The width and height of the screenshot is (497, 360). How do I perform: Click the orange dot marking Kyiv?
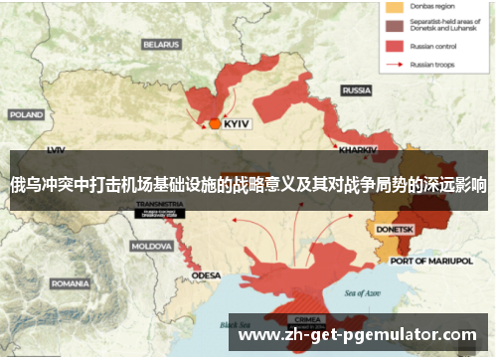[215, 123]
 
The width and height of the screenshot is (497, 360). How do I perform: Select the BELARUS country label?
[160, 44]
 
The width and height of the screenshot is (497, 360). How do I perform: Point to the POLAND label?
[26, 114]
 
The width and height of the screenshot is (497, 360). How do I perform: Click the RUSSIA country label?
[356, 90]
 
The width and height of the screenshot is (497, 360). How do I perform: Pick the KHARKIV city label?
[358, 149]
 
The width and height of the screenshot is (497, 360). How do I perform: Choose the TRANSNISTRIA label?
[158, 203]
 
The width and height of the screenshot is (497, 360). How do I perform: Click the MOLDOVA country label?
[152, 245]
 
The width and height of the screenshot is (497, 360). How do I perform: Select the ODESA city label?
[207, 274]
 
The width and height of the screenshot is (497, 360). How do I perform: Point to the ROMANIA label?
[70, 282]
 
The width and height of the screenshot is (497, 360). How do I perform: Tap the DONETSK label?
[395, 229]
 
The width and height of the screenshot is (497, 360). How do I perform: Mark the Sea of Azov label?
[363, 293]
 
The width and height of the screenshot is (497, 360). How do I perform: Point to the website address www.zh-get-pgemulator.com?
[358, 335]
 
